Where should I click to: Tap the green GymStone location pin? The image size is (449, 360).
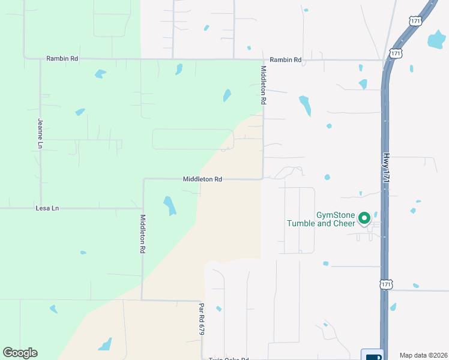point(364,218)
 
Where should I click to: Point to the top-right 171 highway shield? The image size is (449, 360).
point(417,20)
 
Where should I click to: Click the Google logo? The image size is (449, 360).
point(20,353)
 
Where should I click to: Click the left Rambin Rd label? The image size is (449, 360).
point(62,59)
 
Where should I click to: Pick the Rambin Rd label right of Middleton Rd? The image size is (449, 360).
point(285,59)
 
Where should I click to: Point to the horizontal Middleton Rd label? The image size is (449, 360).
point(202,179)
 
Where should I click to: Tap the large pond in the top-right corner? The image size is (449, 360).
point(436,40)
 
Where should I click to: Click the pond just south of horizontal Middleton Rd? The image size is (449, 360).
point(170,205)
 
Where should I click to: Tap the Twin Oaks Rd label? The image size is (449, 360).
point(228,359)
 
